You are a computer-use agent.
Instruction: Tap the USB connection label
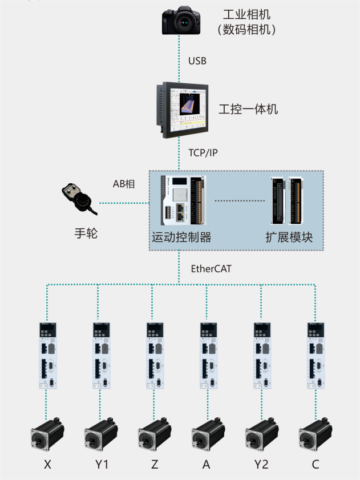pyautogui.click(x=197, y=60)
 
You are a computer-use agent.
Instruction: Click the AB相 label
pyautogui.click(x=124, y=184)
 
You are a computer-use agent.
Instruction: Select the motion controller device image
pyautogui.click(x=181, y=201)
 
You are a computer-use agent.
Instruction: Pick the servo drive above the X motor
pyautogui.click(x=47, y=355)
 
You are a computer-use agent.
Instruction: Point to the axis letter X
pyautogui.click(x=47, y=465)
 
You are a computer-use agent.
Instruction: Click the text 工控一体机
pyautogui.click(x=248, y=108)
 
